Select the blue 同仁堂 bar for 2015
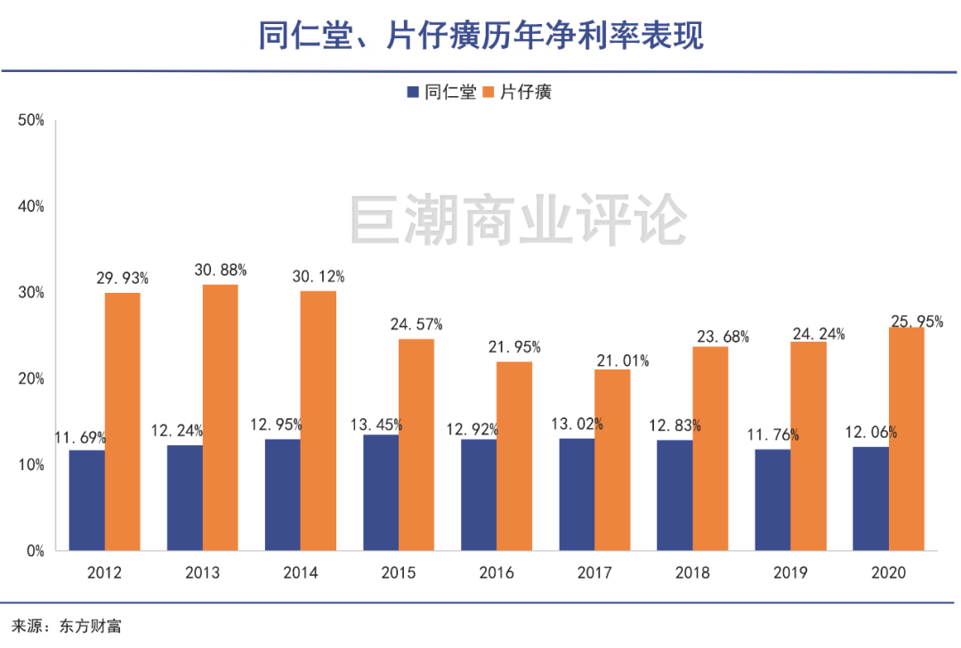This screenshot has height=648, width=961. coord(381,492)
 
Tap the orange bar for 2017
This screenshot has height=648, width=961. coord(612,460)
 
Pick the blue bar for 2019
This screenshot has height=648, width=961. coord(772,499)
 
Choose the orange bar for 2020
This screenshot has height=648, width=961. coord(906,439)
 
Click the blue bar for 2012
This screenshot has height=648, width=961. coord(86,499)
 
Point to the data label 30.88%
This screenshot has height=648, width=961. coord(221,270)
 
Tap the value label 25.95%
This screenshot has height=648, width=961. coord(917,321)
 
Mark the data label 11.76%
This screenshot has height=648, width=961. coord(772,435)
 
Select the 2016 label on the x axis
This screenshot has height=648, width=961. coord(497,572)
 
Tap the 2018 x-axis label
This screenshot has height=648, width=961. coord(692,572)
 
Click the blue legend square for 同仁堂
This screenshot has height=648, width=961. coord(413,92)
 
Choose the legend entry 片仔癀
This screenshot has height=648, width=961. coord(526,92)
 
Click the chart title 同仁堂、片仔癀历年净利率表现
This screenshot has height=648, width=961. coord(480,36)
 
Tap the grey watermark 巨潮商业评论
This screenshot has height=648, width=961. coord(517,220)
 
